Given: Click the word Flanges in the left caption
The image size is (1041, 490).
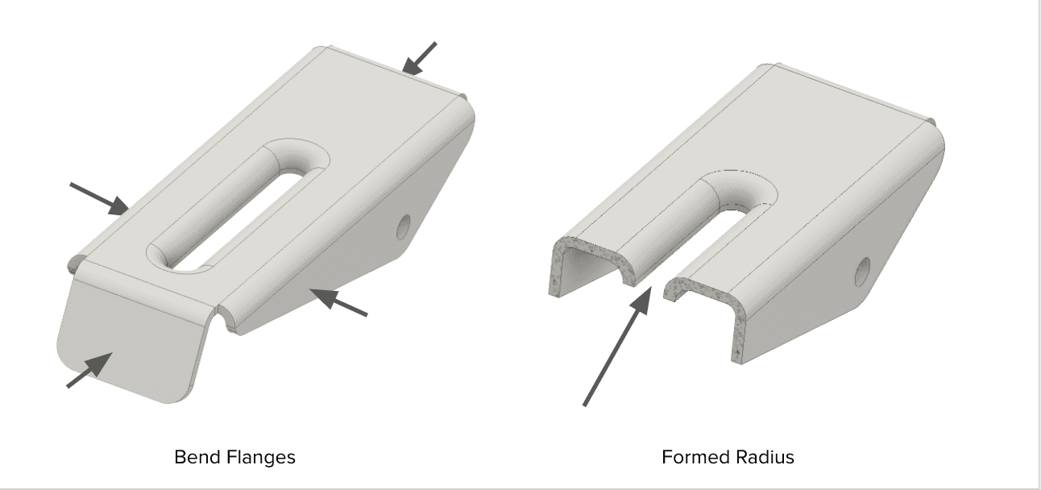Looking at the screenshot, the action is pyautogui.click(x=255, y=457).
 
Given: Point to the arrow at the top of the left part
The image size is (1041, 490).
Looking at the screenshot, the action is pyautogui.click(x=419, y=58).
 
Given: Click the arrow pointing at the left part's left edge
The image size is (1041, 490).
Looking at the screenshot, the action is pyautogui.click(x=99, y=198).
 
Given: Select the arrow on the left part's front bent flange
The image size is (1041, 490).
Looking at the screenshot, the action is pyautogui.click(x=89, y=370).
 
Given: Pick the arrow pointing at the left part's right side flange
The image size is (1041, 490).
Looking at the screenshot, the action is pyautogui.click(x=338, y=302).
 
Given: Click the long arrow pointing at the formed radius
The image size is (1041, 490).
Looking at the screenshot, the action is pyautogui.click(x=617, y=347).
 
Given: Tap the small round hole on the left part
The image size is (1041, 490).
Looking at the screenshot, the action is pyautogui.click(x=404, y=226).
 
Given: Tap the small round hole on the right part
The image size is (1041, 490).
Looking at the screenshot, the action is pyautogui.click(x=863, y=272).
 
